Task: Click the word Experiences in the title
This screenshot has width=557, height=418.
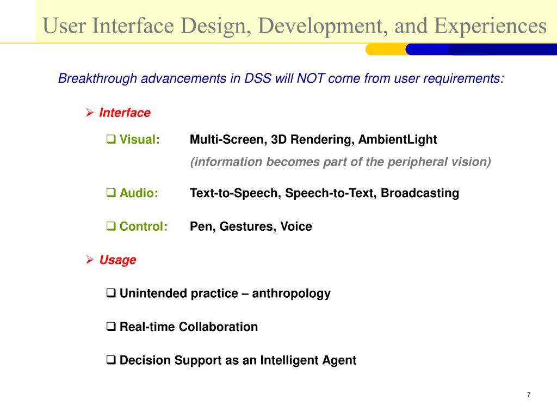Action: click(x=490, y=26)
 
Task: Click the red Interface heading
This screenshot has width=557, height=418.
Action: click(x=125, y=113)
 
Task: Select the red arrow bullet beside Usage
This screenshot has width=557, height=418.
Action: click(x=90, y=260)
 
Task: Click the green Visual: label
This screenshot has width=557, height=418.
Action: click(x=140, y=139)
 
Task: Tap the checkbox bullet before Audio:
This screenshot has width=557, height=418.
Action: click(x=111, y=193)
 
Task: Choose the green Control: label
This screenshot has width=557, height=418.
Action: click(x=143, y=226)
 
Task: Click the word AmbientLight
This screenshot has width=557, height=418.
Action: click(x=398, y=140)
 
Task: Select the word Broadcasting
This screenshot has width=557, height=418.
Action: click(x=420, y=193)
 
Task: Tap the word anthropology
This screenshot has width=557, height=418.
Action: click(x=292, y=293)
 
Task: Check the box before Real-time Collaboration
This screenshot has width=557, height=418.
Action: click(x=111, y=327)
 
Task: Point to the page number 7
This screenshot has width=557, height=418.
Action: click(x=529, y=395)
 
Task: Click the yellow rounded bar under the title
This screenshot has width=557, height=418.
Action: click(x=386, y=50)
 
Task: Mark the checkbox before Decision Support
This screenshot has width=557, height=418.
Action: click(x=111, y=360)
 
